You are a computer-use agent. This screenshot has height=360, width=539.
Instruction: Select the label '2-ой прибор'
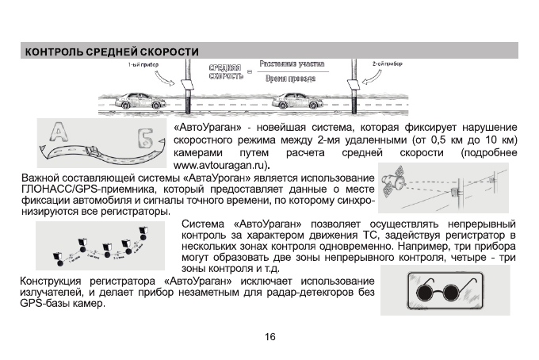click(386, 63)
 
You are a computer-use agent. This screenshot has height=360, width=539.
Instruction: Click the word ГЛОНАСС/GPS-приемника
click(77, 189)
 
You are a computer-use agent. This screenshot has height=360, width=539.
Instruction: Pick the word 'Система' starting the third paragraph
click(206, 224)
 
